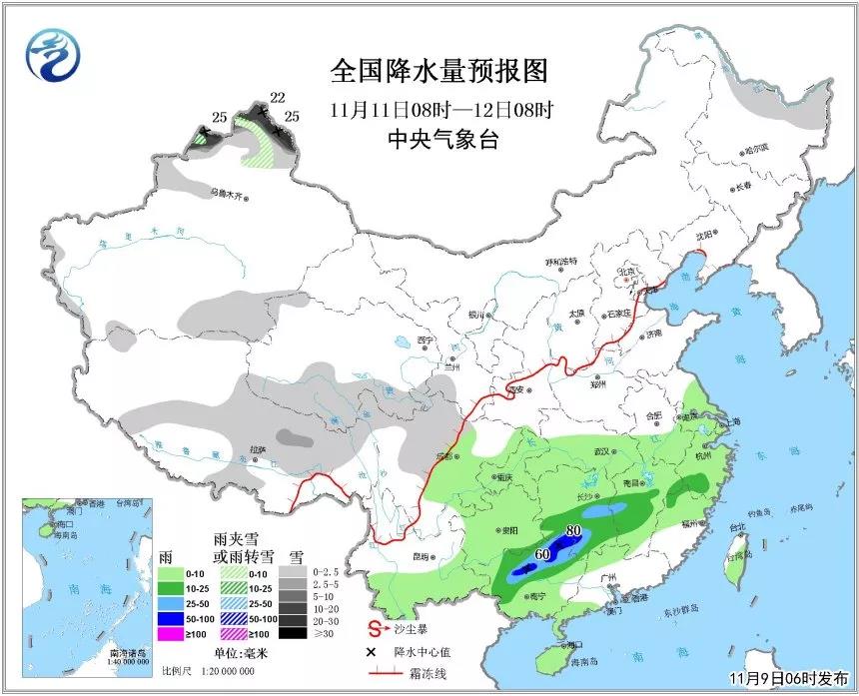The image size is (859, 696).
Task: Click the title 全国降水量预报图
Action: pyautogui.click(x=439, y=72)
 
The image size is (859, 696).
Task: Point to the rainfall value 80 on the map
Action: pyautogui.click(x=573, y=531)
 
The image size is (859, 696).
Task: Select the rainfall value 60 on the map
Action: pyautogui.click(x=543, y=554)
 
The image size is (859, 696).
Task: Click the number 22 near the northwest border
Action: pyautogui.click(x=278, y=97)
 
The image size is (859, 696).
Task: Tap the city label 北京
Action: pyautogui.click(x=626, y=271)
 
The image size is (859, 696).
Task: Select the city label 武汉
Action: pyautogui.click(x=601, y=451)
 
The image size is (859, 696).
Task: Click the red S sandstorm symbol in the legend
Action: pyautogui.click(x=376, y=629)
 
